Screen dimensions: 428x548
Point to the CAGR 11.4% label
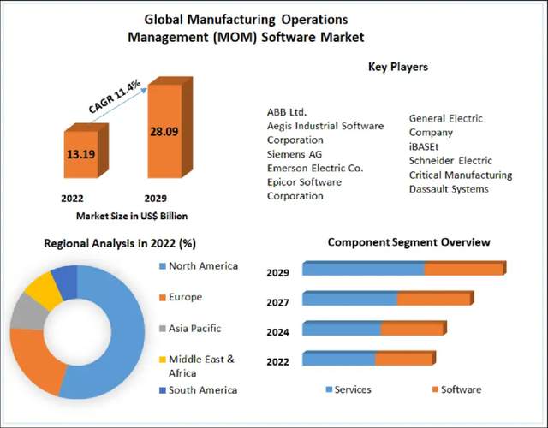[x=115, y=96]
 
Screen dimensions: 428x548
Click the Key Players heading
[x=398, y=66]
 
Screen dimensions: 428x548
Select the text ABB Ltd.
[x=287, y=112]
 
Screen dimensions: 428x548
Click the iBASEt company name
[x=424, y=146]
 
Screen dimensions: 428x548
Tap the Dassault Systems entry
[x=449, y=188]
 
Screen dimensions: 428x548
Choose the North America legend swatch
[x=162, y=266]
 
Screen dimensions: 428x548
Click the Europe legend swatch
[x=162, y=297]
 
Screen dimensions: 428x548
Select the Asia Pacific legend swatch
[x=162, y=328]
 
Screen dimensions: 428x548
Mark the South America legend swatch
[x=162, y=390]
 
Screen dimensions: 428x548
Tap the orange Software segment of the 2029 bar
[x=464, y=269]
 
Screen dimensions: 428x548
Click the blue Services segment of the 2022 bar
[x=339, y=358]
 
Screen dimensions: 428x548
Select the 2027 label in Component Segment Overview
[x=277, y=302]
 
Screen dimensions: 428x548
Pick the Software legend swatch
[x=433, y=390]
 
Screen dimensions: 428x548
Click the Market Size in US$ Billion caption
[x=132, y=216]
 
